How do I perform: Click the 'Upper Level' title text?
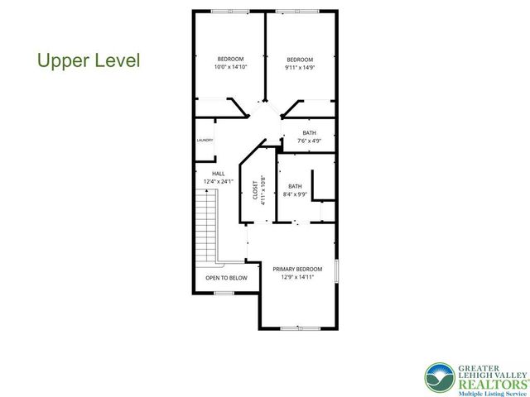(x=89, y=60)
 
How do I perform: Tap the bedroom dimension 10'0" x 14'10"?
(x=230, y=67)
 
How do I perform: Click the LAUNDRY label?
(x=205, y=140)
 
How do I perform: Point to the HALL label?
(x=219, y=173)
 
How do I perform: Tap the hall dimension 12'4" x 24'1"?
(x=219, y=181)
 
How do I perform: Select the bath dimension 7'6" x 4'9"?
(x=309, y=141)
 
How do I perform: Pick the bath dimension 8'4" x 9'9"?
(x=295, y=195)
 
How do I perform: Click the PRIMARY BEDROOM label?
(x=297, y=269)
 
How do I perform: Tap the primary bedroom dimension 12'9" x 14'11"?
(x=297, y=277)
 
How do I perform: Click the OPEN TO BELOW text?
(x=226, y=278)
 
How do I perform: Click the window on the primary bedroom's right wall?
(x=337, y=271)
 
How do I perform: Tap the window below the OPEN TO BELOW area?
(x=224, y=292)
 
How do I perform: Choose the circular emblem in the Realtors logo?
(x=439, y=377)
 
